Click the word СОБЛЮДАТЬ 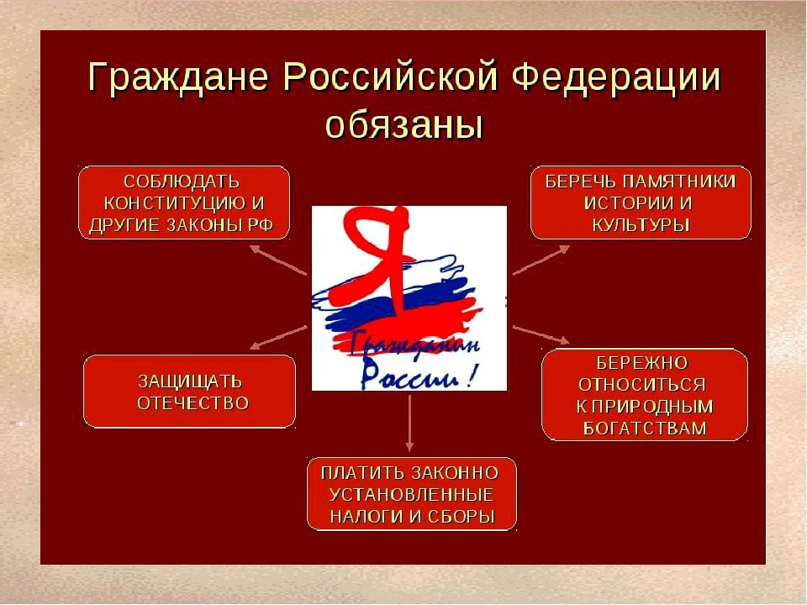click(x=182, y=182)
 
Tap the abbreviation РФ click(x=260, y=225)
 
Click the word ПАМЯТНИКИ click(x=679, y=181)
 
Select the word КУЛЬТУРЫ click(x=641, y=225)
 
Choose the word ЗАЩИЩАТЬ click(x=190, y=381)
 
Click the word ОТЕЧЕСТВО click(x=193, y=403)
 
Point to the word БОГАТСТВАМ click(x=645, y=429)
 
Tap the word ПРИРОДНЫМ click(x=652, y=407)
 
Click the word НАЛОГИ click(x=367, y=517)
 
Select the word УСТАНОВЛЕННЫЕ click(x=411, y=495)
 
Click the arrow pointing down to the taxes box click(x=409, y=423)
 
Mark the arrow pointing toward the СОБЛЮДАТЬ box click(x=278, y=260)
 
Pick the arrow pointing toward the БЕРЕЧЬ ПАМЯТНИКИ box click(x=541, y=260)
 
